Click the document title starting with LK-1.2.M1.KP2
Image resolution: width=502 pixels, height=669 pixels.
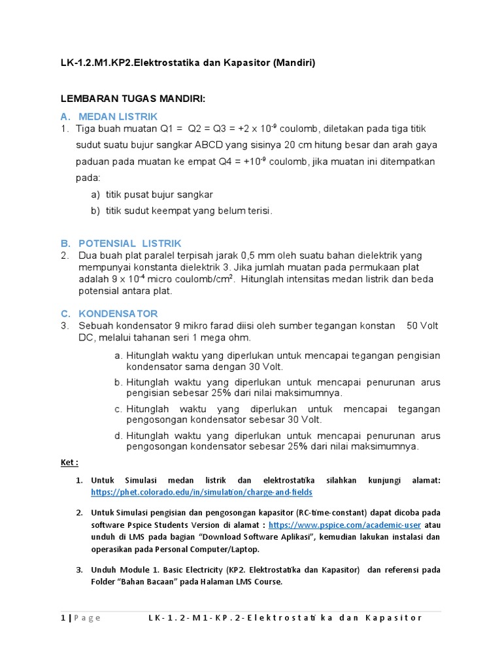coord(188,63)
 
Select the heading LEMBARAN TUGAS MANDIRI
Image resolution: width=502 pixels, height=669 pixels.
coord(133,99)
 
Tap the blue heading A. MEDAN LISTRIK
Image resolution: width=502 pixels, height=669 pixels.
coord(109,116)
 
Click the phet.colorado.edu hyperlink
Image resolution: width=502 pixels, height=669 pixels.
coord(201,492)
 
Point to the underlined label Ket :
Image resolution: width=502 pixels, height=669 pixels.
coord(69,463)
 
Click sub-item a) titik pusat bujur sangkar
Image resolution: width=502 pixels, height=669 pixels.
coord(152,195)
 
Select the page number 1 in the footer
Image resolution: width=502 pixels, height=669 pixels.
coord(63,618)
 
